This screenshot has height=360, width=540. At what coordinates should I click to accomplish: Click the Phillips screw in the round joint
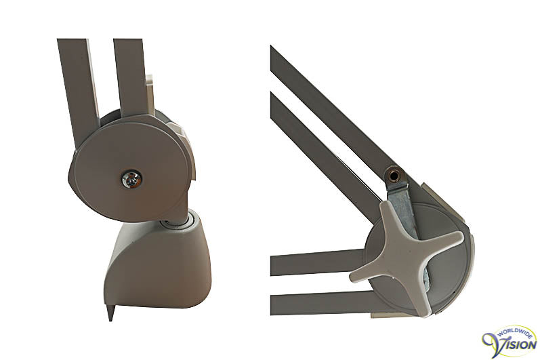coord(131,179)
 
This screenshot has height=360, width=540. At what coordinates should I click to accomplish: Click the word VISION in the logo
coord(516,344)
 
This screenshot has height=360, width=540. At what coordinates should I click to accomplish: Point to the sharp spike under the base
coord(110,312)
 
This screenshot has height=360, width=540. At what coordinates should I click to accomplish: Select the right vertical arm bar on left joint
coord(131,77)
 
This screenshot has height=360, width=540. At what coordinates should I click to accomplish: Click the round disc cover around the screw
coord(131,172)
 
